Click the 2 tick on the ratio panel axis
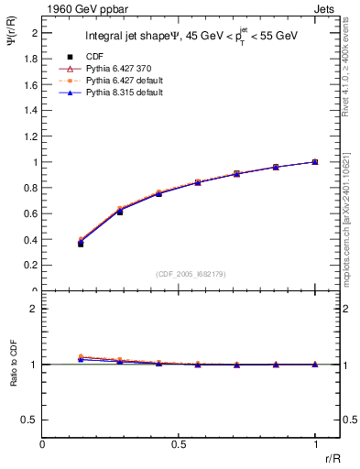(x=34, y=309)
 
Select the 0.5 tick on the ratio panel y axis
(x=30, y=420)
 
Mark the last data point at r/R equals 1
(x=315, y=162)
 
